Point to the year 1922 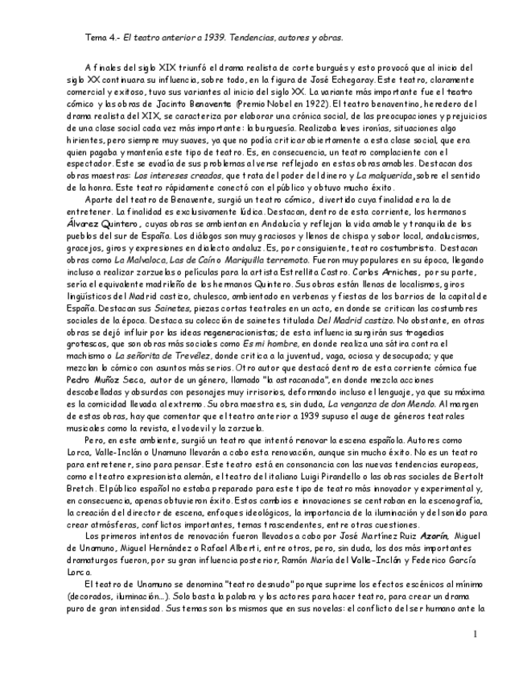[309, 104]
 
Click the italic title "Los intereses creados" [179, 173]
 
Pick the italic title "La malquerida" [385, 173]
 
